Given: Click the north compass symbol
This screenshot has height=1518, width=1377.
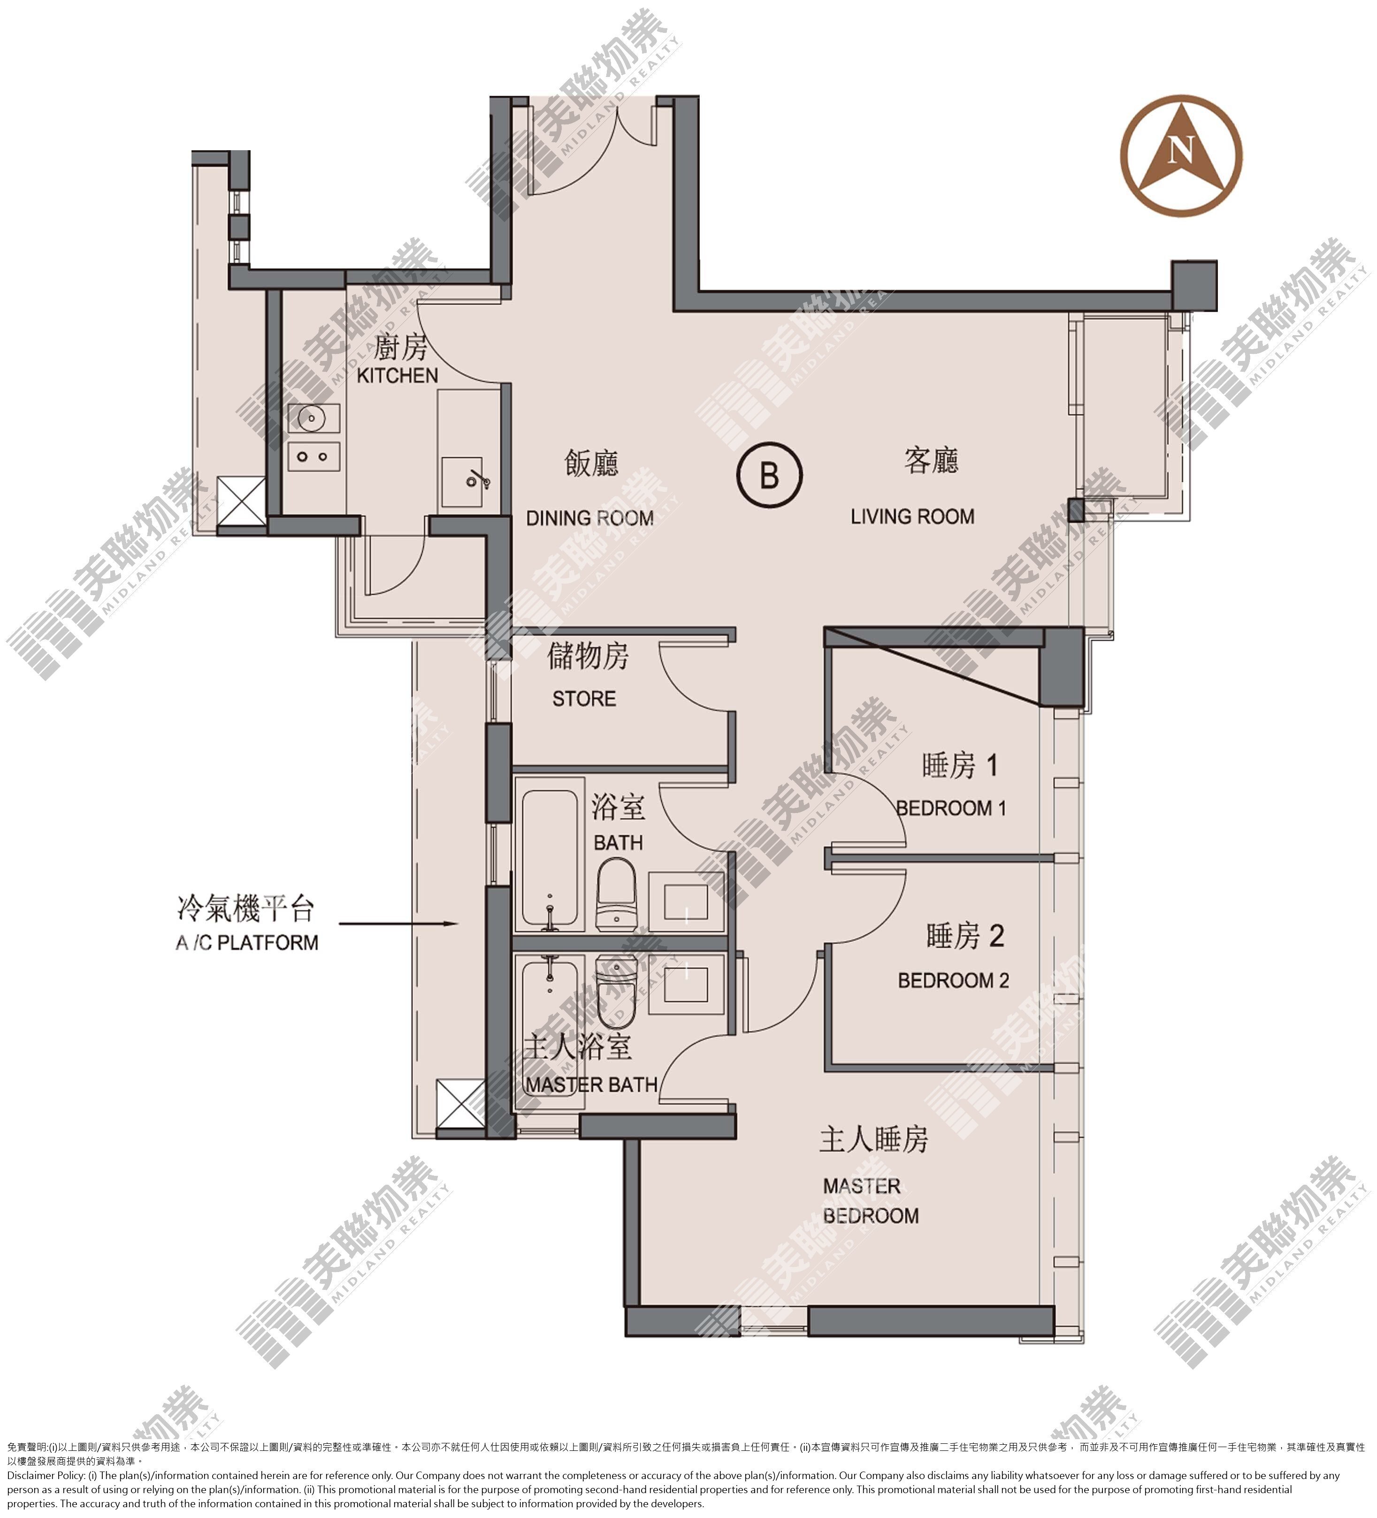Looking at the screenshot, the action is tap(1180, 156).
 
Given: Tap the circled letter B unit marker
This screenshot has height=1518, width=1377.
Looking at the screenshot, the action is tap(769, 475).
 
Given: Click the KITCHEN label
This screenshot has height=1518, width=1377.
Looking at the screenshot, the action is tap(397, 375).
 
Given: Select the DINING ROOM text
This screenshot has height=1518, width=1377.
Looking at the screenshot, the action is tap(589, 518).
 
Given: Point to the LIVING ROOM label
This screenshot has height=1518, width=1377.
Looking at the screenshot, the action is tap(912, 516).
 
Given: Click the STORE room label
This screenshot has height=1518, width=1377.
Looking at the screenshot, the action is tap(584, 699).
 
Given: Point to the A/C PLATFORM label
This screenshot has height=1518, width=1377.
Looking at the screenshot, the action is tap(247, 942).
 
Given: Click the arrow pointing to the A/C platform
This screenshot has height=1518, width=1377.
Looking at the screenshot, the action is tap(398, 923).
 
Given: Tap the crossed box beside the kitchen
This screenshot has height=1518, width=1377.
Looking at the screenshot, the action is tap(240, 500).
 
